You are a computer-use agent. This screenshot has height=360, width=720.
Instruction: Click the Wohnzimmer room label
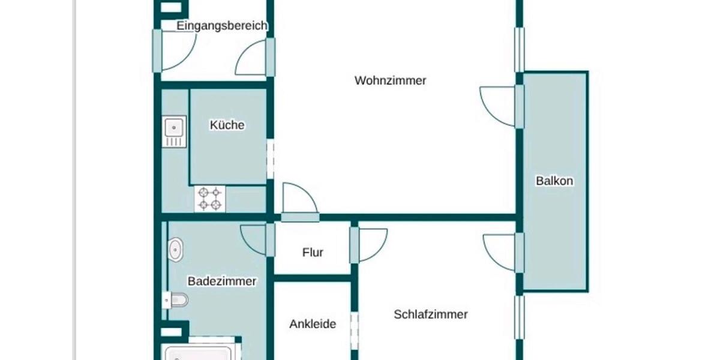(x=390, y=80)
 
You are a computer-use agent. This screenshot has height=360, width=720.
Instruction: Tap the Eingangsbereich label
(x=222, y=26)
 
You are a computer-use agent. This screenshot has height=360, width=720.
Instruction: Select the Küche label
(x=227, y=125)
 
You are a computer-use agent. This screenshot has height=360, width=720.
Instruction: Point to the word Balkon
(x=554, y=181)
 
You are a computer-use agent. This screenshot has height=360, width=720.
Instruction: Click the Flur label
(x=313, y=252)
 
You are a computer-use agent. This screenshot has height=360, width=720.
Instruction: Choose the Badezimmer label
(x=222, y=281)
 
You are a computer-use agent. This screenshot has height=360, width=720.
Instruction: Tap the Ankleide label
(x=313, y=324)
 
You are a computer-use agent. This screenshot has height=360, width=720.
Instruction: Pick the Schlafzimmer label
(x=431, y=314)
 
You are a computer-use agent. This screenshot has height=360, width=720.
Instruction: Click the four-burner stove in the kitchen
(x=211, y=199)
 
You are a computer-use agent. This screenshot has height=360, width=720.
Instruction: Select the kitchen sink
(x=174, y=128)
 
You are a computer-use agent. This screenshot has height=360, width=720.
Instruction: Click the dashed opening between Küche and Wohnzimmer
(x=270, y=160)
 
